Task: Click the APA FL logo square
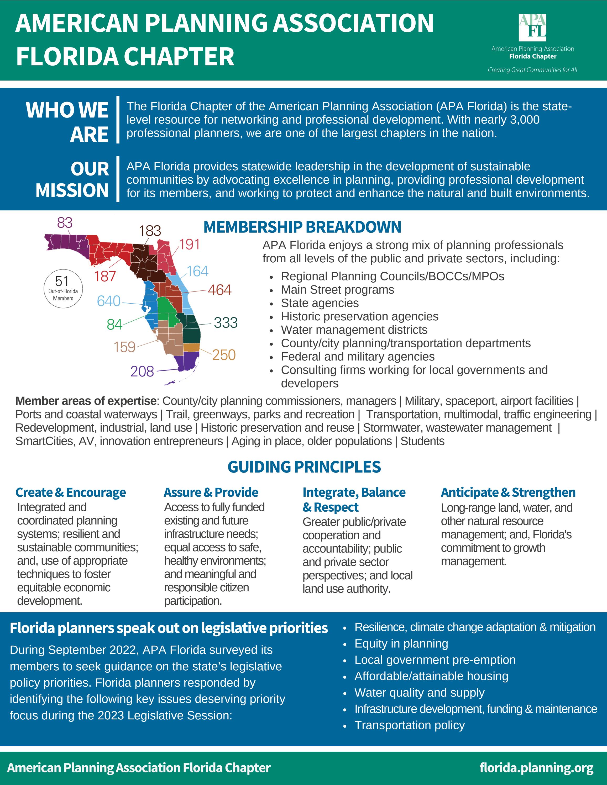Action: [532, 28]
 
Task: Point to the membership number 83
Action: [65, 223]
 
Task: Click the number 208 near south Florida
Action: [142, 371]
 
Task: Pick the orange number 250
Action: [224, 355]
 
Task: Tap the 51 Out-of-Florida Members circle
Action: [63, 288]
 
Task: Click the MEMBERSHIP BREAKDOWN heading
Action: [302, 227]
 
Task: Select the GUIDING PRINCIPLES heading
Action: [304, 467]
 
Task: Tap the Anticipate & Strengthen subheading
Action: [508, 492]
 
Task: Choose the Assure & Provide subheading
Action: [211, 492]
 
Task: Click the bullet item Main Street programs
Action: [337, 290]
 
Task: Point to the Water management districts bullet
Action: [354, 330]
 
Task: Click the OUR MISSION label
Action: [72, 179]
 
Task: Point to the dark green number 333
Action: [226, 322]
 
